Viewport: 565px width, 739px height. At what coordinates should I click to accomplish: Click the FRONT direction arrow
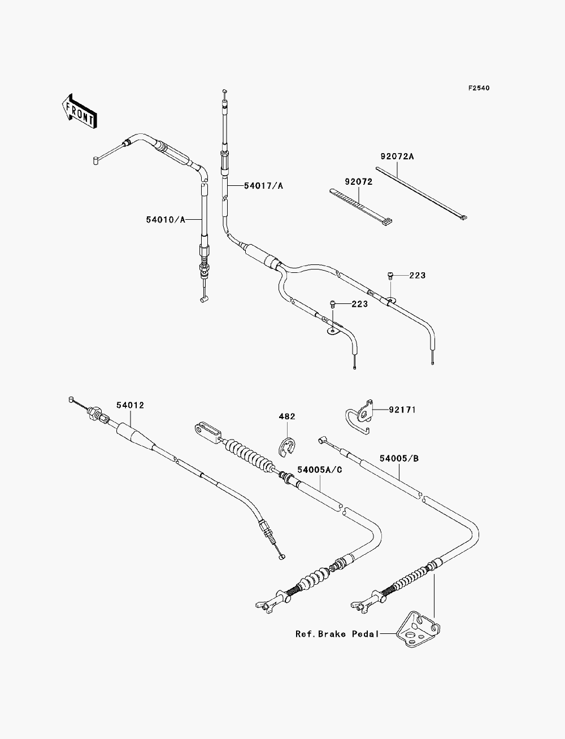[79, 111]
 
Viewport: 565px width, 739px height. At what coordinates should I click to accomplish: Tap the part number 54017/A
[264, 185]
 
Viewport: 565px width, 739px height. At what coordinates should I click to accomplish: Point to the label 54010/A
[166, 220]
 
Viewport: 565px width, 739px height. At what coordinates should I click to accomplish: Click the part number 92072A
[397, 156]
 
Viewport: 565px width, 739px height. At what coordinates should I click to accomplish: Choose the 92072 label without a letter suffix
[359, 182]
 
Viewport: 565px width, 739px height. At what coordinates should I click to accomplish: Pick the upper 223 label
[418, 275]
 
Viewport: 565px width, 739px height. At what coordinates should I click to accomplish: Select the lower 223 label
[359, 304]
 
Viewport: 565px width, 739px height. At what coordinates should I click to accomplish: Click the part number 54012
[131, 405]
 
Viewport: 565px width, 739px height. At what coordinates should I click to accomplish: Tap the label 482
[287, 416]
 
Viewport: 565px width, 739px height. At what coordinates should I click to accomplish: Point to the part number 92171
[402, 410]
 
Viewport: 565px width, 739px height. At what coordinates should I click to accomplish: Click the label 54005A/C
[320, 470]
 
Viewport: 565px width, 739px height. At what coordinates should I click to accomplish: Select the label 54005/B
[399, 458]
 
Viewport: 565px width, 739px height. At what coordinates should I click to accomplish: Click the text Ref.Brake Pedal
[337, 634]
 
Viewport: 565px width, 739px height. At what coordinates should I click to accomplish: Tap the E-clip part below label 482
[287, 447]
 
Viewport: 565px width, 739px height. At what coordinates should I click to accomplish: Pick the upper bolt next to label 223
[390, 275]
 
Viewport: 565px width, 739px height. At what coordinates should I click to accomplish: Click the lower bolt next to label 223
[333, 304]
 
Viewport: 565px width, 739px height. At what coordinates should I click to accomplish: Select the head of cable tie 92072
[386, 221]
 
